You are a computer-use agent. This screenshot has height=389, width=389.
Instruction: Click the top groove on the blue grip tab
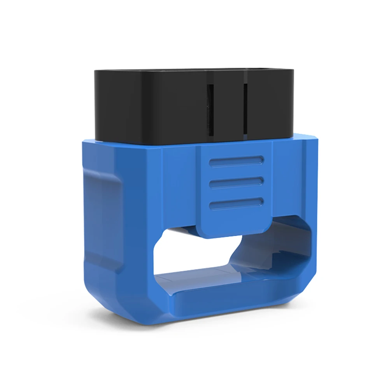coord(236,161)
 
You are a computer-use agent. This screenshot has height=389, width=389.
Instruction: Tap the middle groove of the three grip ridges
coord(236,182)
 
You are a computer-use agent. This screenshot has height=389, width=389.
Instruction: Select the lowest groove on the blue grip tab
coord(236,202)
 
